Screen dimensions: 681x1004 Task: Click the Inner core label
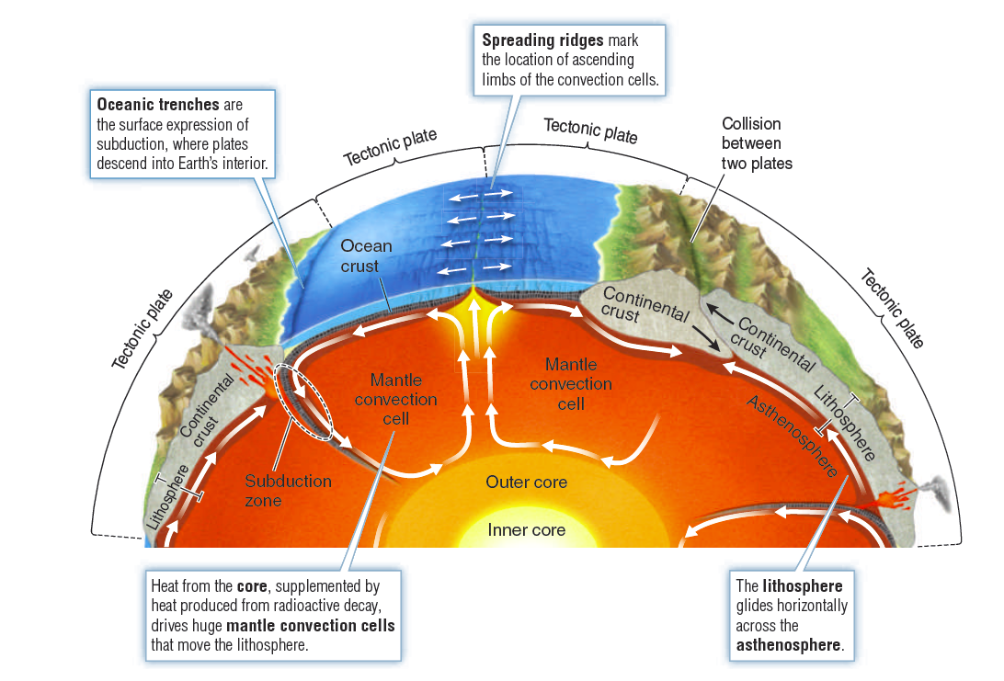pyautogui.click(x=526, y=530)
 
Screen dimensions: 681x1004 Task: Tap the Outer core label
pyautogui.click(x=526, y=482)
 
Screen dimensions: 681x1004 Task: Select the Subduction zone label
pyautogui.click(x=288, y=490)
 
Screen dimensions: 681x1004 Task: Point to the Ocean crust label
pyautogui.click(x=366, y=255)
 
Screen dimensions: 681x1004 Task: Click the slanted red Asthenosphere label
pyautogui.click(x=793, y=437)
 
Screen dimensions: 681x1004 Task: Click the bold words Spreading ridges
pyautogui.click(x=542, y=41)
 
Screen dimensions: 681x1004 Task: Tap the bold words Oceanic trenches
pyautogui.click(x=158, y=105)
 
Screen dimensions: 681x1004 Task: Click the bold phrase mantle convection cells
pyautogui.click(x=311, y=626)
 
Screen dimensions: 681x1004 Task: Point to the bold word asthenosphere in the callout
pyautogui.click(x=788, y=645)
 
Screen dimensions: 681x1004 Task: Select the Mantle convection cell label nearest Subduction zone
pyautogui.click(x=395, y=399)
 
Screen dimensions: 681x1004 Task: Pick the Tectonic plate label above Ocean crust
pyautogui.click(x=390, y=147)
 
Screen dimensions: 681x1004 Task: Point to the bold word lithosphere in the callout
pyautogui.click(x=803, y=585)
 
